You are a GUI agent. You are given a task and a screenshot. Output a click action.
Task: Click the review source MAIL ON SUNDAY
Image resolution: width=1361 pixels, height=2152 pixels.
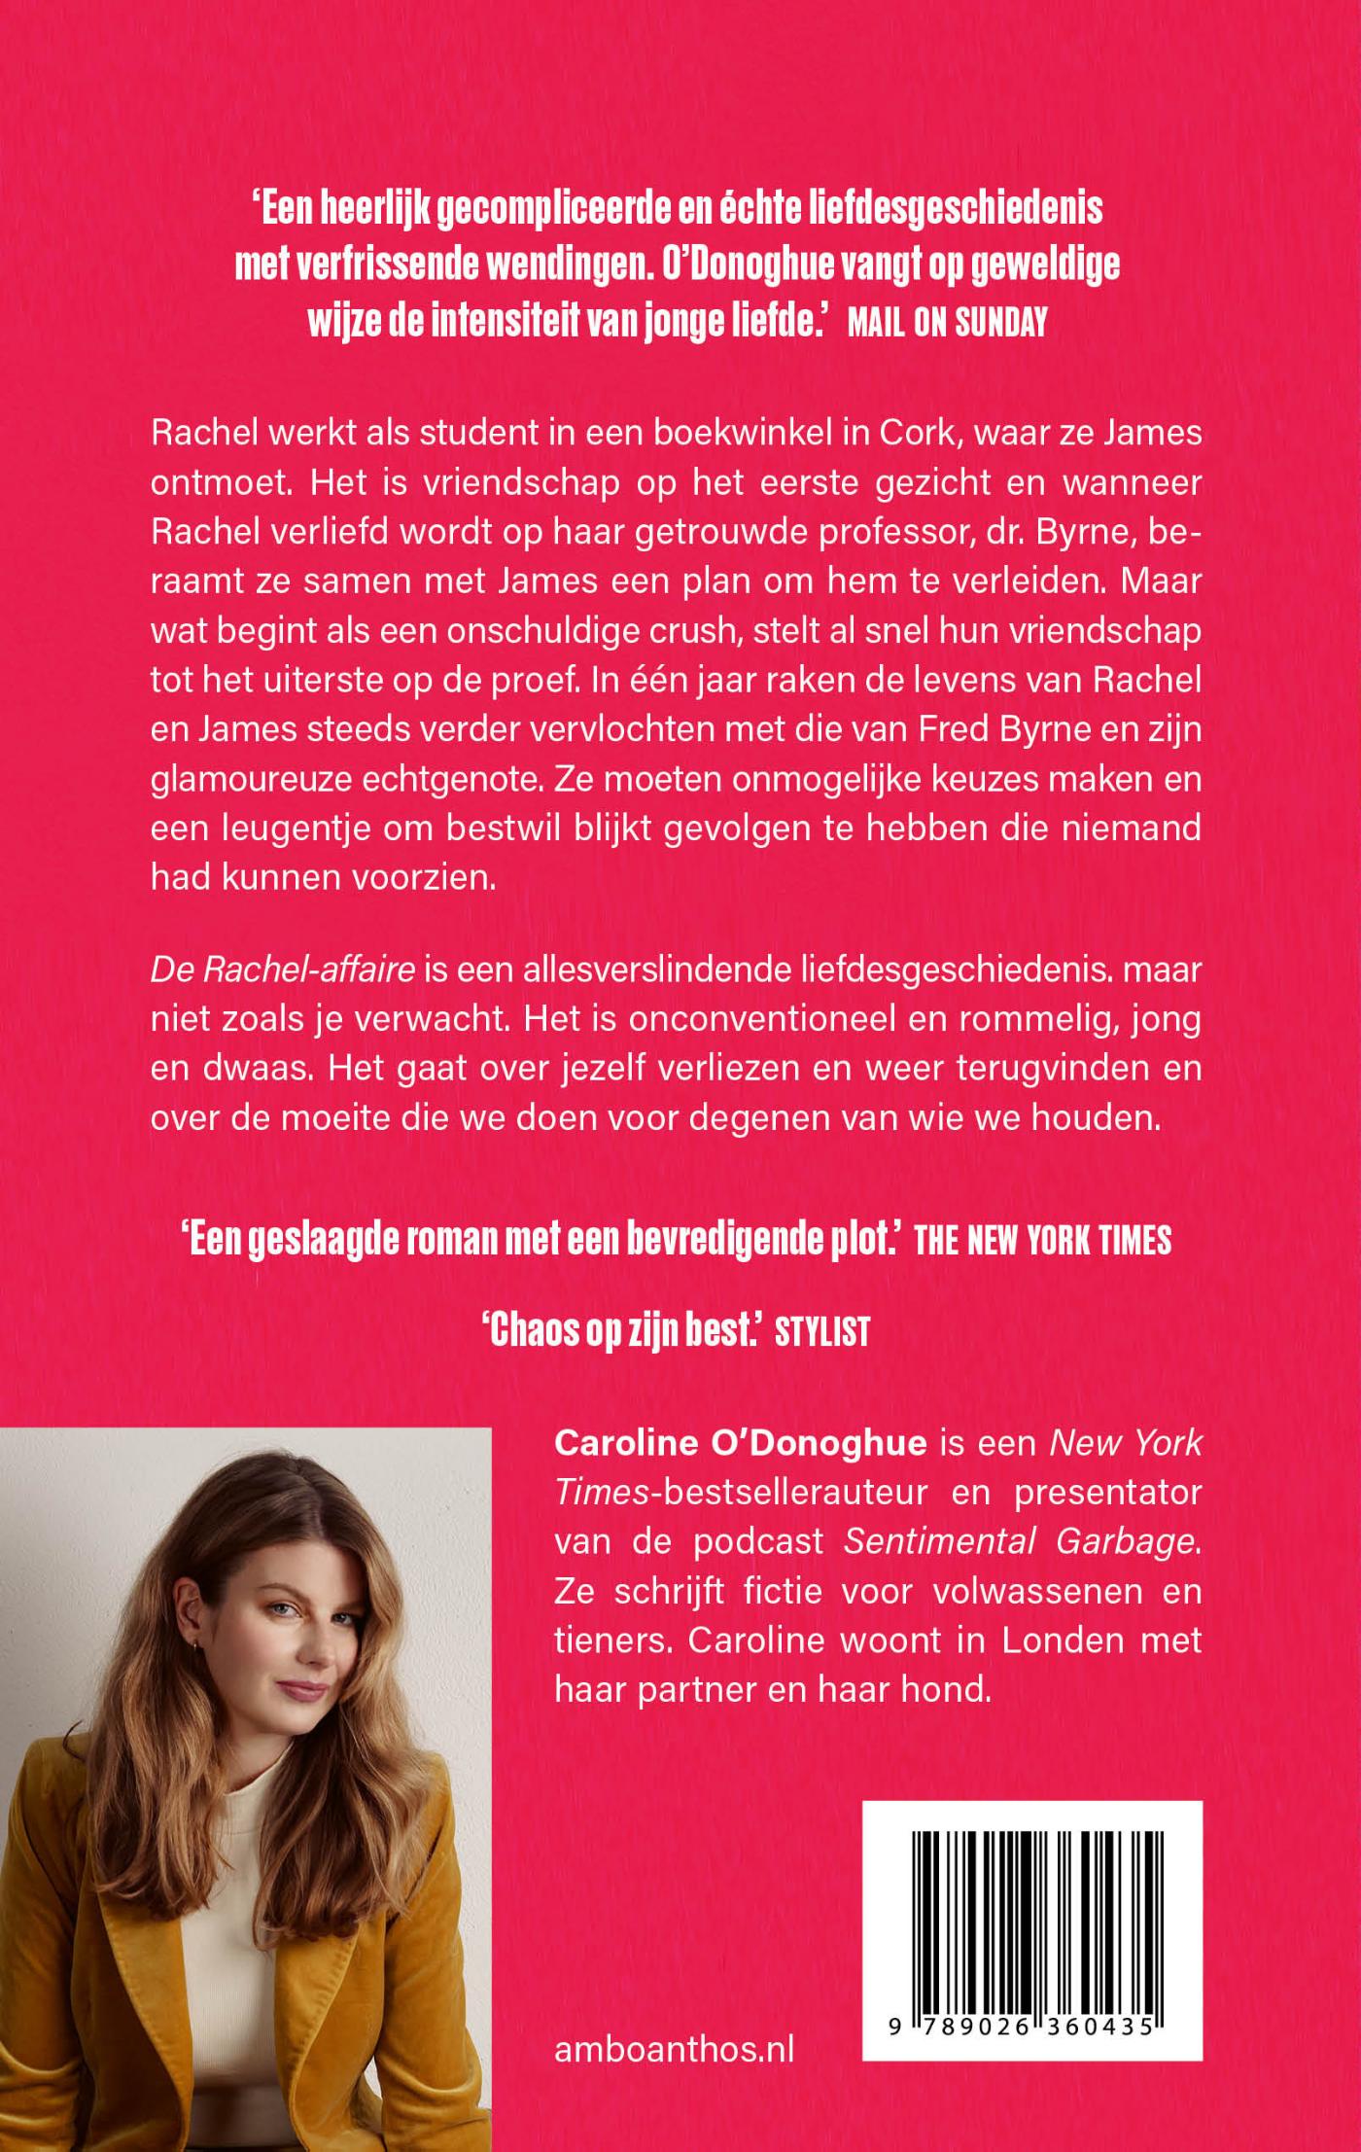(947, 323)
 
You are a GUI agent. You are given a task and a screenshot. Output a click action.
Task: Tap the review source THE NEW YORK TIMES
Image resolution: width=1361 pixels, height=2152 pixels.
(1042, 1241)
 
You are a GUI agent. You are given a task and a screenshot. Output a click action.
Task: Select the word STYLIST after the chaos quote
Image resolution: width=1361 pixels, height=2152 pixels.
(821, 1331)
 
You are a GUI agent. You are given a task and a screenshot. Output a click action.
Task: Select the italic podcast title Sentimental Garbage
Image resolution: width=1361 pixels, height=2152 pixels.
(1019, 1541)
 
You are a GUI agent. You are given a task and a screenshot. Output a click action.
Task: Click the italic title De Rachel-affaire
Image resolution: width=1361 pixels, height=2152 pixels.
(283, 969)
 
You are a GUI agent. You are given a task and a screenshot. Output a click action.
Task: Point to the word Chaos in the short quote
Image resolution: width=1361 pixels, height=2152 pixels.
(529, 1331)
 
